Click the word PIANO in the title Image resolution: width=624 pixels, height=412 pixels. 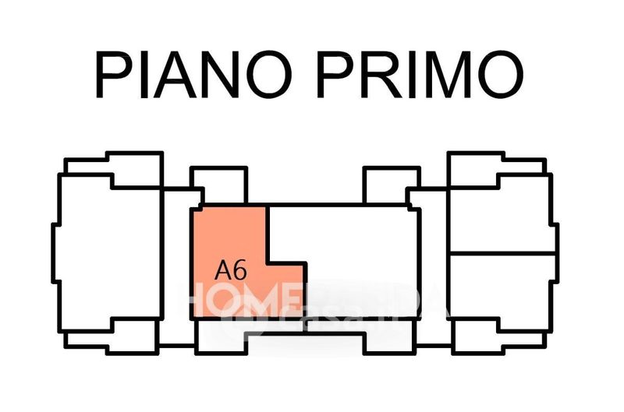(198, 75)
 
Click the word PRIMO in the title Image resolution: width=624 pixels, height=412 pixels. (417, 75)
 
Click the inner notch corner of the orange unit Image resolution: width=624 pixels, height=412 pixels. (269, 262)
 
